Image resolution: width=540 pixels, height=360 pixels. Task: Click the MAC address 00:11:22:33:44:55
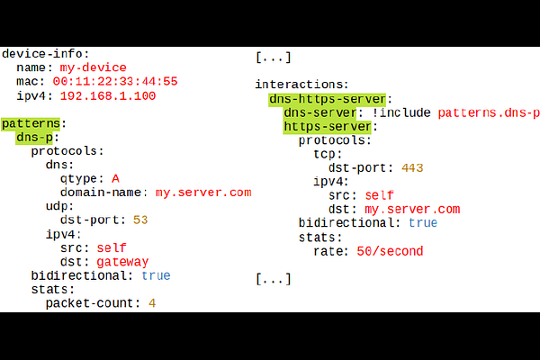pos(115,82)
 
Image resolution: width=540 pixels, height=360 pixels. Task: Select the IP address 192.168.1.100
pos(108,95)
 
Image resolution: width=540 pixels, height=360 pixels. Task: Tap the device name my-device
pos(93,67)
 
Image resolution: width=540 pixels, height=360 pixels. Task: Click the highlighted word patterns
pos(31,123)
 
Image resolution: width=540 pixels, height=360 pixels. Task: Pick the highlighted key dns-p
pos(34,138)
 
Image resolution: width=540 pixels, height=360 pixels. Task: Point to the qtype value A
pos(115,179)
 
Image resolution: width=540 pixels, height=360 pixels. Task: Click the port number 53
pos(140,220)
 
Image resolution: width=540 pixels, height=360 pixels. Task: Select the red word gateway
pos(122,262)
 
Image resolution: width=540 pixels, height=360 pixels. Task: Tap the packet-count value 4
pos(152,303)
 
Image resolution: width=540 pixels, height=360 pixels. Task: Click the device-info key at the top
pos(42,54)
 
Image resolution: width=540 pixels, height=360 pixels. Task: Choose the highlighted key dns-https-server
pos(328,99)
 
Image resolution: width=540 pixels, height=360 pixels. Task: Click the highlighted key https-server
pos(328,127)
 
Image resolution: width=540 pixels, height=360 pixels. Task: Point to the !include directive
pos(401,112)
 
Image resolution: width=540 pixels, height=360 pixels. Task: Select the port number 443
pos(412,168)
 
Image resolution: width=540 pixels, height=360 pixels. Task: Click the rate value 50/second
pos(390,251)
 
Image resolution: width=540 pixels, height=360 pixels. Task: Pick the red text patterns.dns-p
pos(489,113)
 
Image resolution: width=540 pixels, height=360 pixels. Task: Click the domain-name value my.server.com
pos(203,193)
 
